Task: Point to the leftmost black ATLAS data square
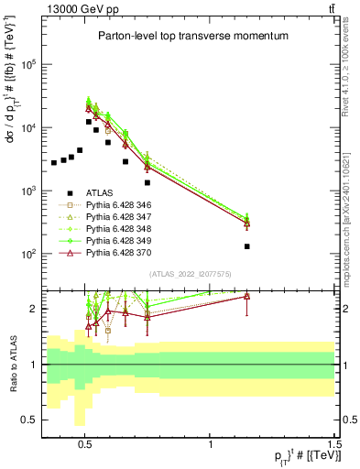tap(54, 163)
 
